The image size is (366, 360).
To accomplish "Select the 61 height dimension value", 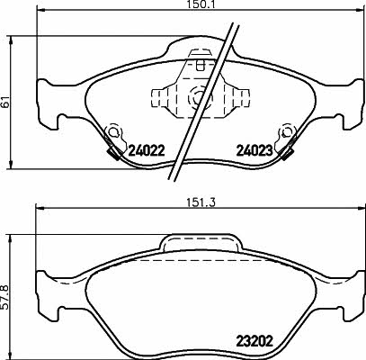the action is [x=4, y=103].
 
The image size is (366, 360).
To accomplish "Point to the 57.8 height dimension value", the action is [x=4, y=297].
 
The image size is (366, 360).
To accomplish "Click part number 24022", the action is [x=147, y=150].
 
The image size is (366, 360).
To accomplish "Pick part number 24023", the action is [x=254, y=150].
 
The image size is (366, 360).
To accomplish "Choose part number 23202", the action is [x=254, y=341].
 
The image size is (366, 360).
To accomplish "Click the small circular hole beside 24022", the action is [x=113, y=131].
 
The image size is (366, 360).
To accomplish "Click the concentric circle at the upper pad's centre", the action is [x=200, y=97].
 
